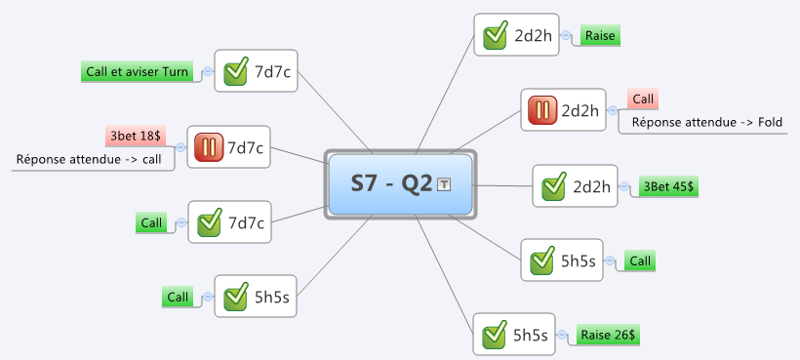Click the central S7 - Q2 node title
pos(391,183)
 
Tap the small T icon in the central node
pos(444,184)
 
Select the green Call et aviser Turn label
pos(137,71)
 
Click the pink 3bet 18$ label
pos(136,137)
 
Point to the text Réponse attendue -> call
pos(89,159)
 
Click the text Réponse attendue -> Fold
pos(706,122)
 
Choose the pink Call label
pos(643,100)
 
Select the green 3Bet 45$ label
pos(668,186)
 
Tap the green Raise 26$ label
pos(608,335)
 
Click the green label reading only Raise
pos(600,36)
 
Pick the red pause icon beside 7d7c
pos(209,147)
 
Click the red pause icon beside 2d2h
pos(542,110)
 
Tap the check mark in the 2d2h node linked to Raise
pos(496,35)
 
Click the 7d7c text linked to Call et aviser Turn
pos(272,72)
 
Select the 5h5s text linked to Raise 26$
pos(531,335)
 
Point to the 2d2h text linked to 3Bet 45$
pos(592,186)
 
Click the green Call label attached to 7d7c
pos(151,222)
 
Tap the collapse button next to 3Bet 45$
pos(624,186)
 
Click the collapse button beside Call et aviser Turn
pos(208,72)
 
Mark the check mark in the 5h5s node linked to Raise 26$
pos(495,335)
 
